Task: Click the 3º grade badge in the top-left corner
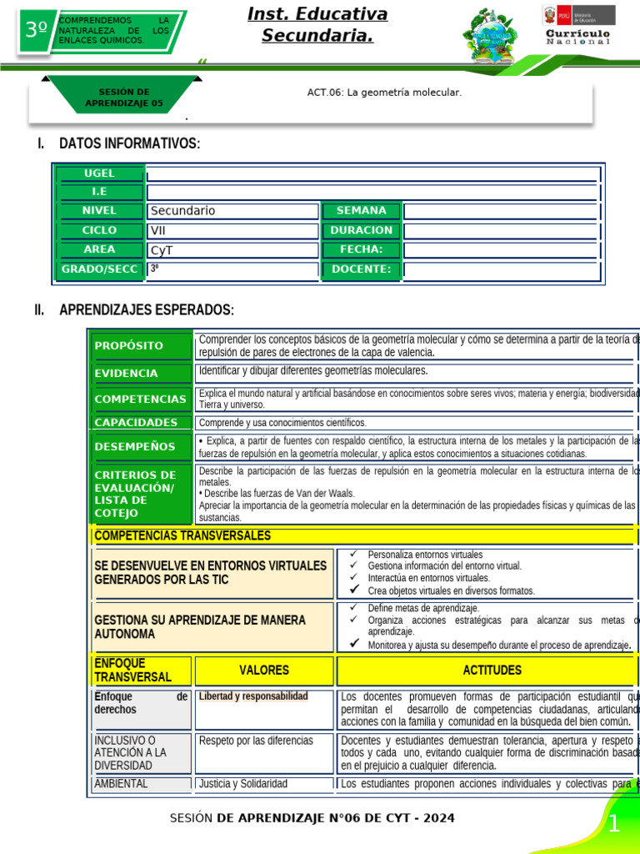coord(36,31)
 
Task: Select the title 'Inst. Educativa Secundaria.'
coord(317,25)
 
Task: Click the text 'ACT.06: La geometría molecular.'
coord(384,93)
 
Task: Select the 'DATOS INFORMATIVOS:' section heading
coord(129,143)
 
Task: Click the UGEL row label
coord(100,173)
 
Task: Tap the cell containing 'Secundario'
coord(232,211)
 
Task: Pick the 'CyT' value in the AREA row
coord(232,249)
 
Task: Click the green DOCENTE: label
coord(361,269)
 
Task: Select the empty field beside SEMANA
coord(501,211)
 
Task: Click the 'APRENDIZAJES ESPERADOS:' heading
coord(147,310)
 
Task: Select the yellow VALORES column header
coord(264,671)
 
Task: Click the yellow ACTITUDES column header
coord(492,671)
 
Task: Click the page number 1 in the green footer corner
coord(614,826)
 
